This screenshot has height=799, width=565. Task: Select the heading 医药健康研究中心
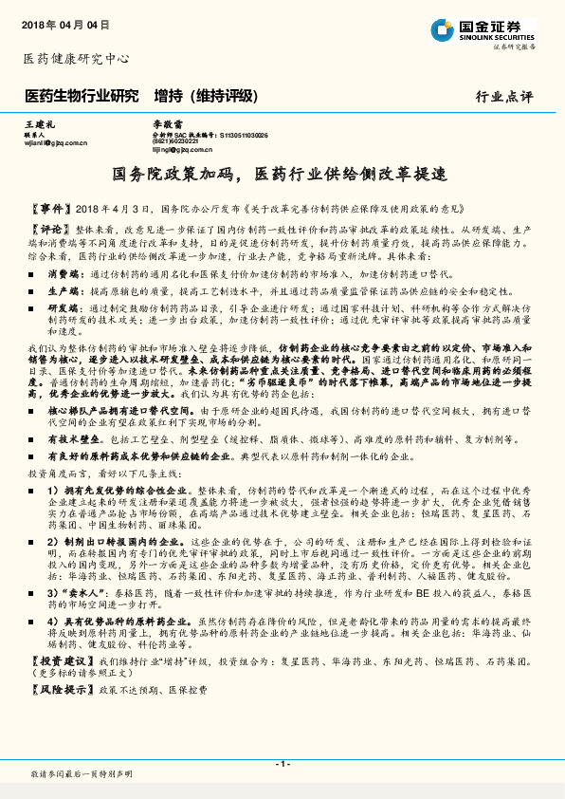click(x=76, y=59)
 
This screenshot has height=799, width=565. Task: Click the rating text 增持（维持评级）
click(x=205, y=96)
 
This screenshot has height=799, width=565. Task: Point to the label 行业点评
click(x=504, y=97)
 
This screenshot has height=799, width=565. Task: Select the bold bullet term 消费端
click(x=64, y=272)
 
